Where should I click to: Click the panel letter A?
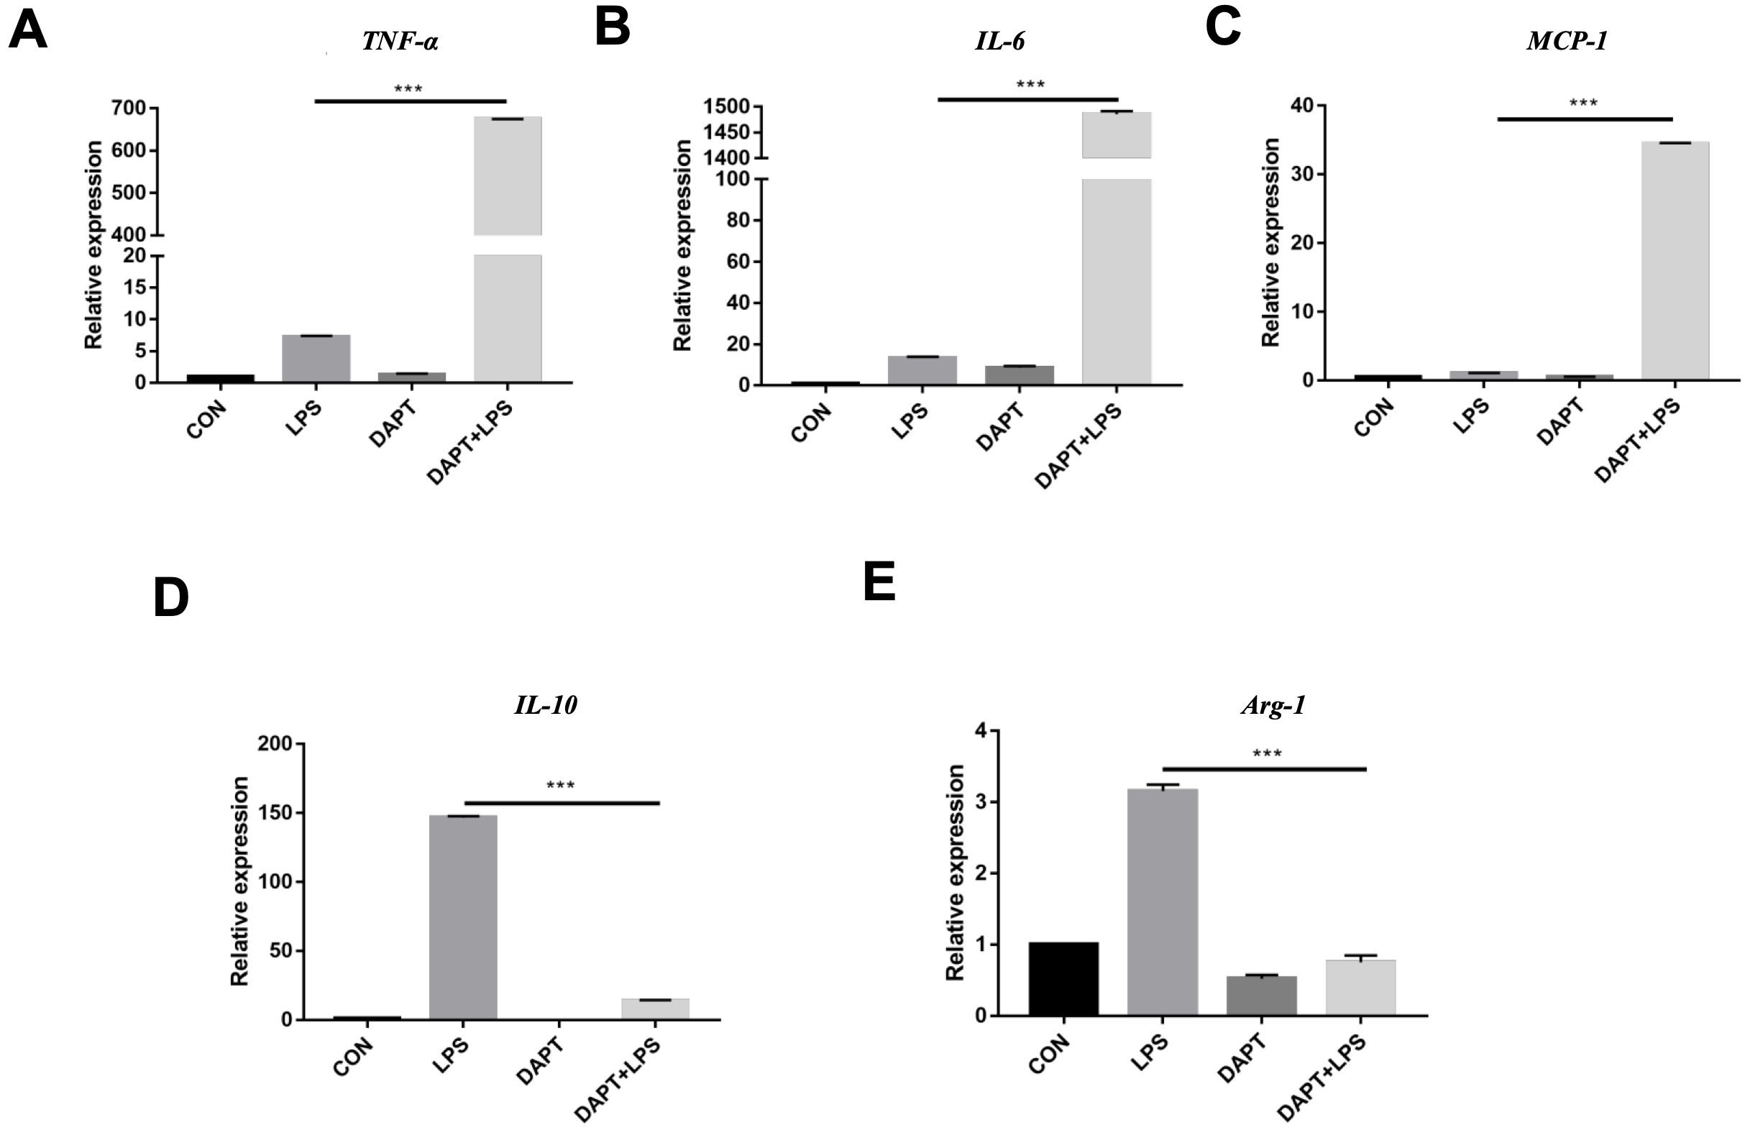point(28,32)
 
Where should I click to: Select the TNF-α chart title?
point(400,41)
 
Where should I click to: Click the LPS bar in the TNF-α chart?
point(316,358)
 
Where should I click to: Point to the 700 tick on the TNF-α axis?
point(129,109)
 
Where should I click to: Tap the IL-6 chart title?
point(999,41)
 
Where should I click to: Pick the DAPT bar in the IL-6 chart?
point(1020,375)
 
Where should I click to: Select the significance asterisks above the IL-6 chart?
point(1030,85)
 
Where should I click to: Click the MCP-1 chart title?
point(1567,41)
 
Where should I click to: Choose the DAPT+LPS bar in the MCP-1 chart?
point(1675,260)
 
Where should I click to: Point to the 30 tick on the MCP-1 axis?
point(1302,175)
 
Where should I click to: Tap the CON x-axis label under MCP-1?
point(1373,418)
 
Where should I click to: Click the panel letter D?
point(171,598)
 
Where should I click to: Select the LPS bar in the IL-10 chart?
point(463,917)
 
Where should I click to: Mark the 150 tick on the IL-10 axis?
point(275,813)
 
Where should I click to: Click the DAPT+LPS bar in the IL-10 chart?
point(655,1009)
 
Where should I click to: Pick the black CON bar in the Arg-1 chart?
point(1063,979)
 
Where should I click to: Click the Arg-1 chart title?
point(1273,706)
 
